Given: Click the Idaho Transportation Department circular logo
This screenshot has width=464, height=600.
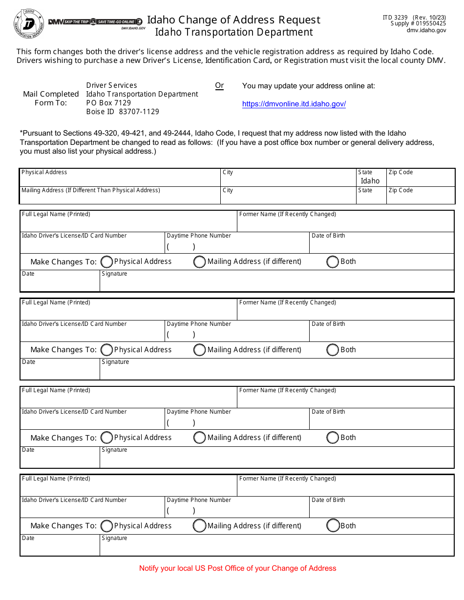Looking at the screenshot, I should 29,23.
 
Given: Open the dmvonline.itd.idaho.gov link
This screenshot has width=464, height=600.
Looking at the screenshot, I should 294,104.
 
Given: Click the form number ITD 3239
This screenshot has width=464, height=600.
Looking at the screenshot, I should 395,18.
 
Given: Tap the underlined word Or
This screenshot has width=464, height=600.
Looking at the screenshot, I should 219,85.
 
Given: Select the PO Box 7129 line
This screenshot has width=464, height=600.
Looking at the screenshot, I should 108,103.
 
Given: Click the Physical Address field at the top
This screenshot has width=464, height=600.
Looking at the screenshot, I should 120,180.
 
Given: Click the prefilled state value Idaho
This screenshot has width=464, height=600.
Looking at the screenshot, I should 370,181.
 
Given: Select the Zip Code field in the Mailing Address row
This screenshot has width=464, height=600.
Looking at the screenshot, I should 420,198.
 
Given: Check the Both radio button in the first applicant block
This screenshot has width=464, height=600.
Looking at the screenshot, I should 333,262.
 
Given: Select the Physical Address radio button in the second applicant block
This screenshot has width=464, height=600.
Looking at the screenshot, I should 106,350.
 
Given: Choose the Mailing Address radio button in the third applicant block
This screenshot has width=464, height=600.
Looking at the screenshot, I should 199,438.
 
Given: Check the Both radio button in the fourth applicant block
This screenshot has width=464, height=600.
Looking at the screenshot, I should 333,525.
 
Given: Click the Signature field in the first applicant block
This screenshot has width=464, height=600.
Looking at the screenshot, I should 276,283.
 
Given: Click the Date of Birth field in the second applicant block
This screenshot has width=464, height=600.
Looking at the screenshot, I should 381,334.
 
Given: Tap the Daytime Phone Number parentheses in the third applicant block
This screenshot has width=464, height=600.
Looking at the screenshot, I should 181,423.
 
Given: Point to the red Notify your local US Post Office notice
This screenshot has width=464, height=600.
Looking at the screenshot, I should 238,568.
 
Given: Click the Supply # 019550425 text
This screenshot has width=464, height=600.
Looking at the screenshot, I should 418,23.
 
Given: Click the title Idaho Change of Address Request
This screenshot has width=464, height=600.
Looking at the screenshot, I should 233,20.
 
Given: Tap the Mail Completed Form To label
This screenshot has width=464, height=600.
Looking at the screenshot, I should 51,98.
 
